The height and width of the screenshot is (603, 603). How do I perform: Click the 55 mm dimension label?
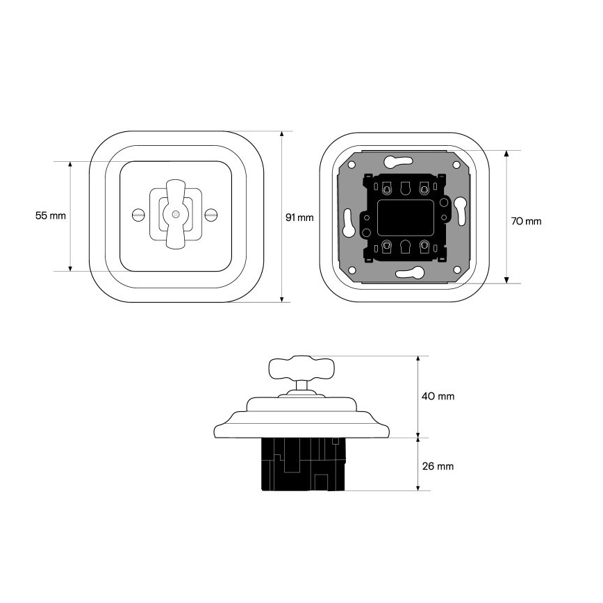point(51,216)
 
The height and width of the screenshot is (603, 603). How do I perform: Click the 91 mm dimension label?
point(299,217)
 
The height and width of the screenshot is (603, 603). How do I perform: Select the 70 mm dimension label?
point(526,221)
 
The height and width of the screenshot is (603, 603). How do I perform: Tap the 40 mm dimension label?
point(438,396)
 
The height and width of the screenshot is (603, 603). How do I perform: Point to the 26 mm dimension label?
point(438,466)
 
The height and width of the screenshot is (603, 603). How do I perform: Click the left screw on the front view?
point(138,215)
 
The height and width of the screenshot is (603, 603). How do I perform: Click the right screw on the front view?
point(211,215)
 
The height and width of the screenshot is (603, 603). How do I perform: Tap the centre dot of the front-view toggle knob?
point(175,215)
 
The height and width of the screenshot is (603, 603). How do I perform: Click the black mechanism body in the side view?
point(304,464)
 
